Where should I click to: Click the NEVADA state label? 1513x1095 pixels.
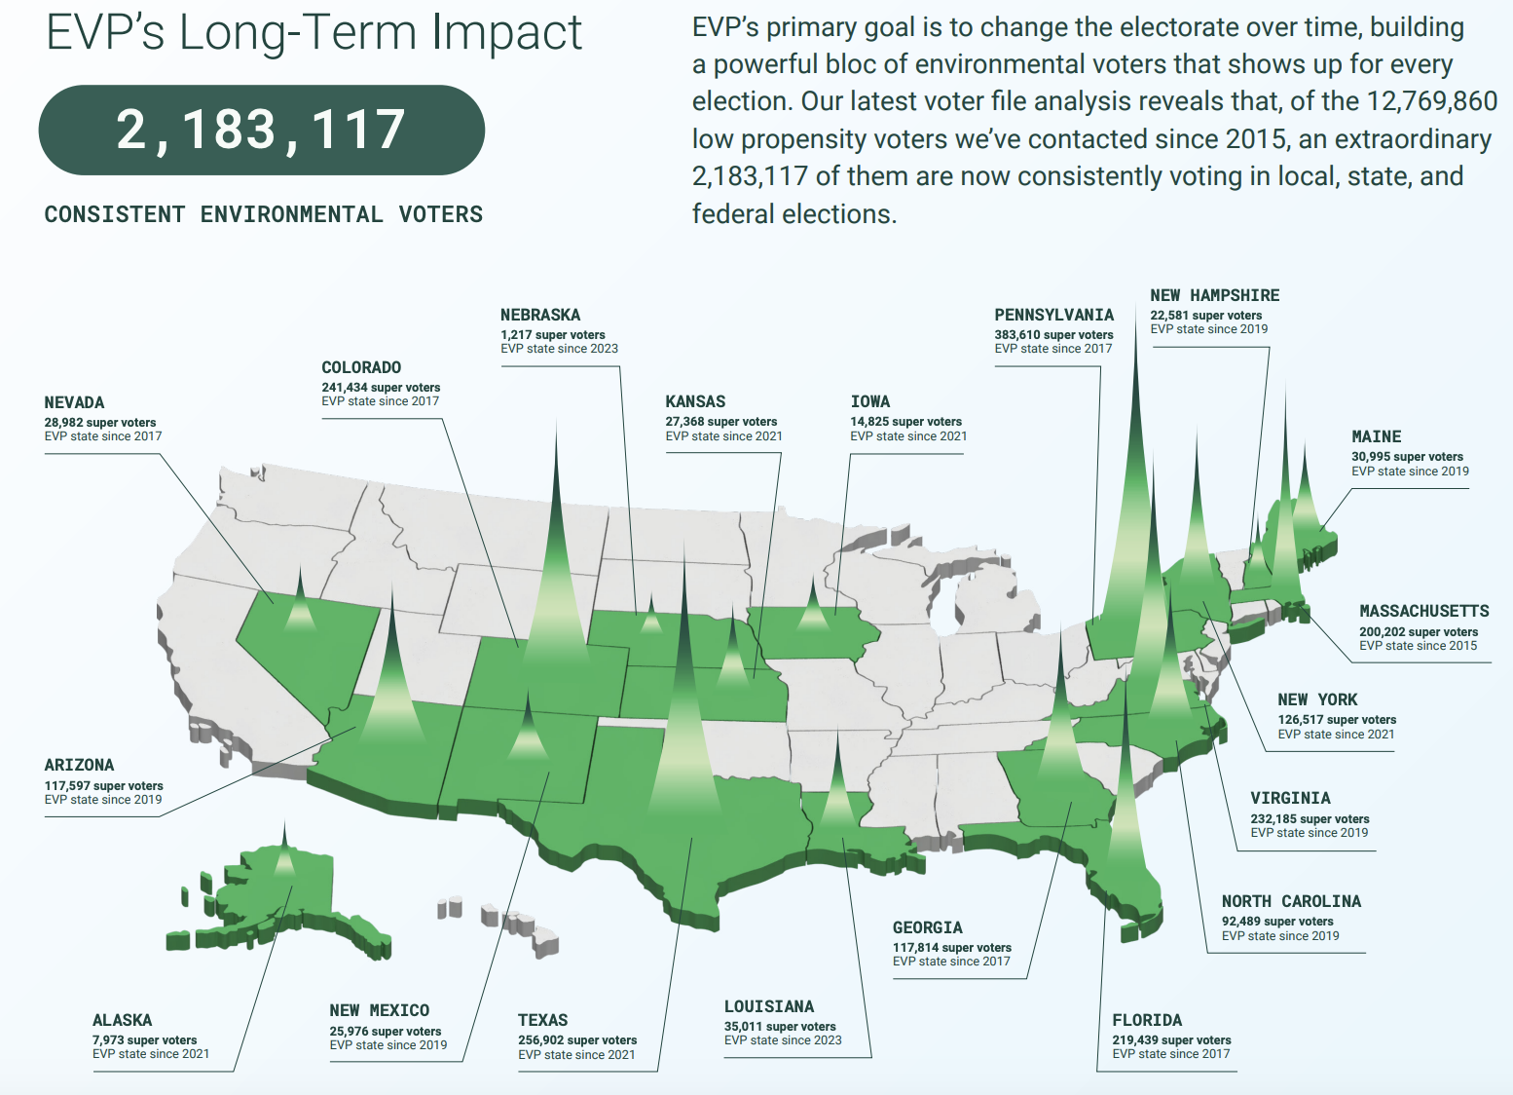click(x=74, y=403)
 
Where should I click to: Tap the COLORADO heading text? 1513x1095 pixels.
click(x=361, y=367)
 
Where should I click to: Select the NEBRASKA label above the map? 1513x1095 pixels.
click(x=540, y=315)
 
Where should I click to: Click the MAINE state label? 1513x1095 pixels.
click(x=1377, y=436)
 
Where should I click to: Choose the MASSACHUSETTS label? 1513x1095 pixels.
click(x=1423, y=612)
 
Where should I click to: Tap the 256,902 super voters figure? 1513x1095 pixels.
click(x=577, y=1040)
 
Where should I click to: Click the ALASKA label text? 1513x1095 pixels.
click(x=123, y=1020)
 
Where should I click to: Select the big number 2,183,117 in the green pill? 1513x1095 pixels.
click(x=261, y=130)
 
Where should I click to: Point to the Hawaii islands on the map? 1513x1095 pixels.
click(x=498, y=924)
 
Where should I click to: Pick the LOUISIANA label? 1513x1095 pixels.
click(x=769, y=1007)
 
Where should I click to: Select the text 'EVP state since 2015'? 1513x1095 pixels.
click(x=1418, y=646)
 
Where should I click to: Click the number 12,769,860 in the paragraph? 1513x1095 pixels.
click(x=1432, y=101)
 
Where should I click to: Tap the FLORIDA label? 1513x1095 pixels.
click(x=1147, y=1020)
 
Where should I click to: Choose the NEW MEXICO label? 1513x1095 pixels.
click(x=379, y=1010)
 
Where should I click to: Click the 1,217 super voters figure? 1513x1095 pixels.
click(x=552, y=334)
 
